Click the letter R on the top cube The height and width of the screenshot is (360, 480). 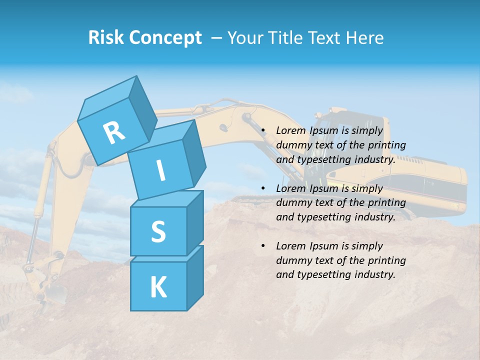point(114,133)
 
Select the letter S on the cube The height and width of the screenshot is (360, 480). point(158,231)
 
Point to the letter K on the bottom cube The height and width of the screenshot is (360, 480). point(158,287)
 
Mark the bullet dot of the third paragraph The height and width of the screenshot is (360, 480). point(263,246)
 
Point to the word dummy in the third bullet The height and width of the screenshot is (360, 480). point(293,260)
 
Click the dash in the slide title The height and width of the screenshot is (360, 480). point(216,37)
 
